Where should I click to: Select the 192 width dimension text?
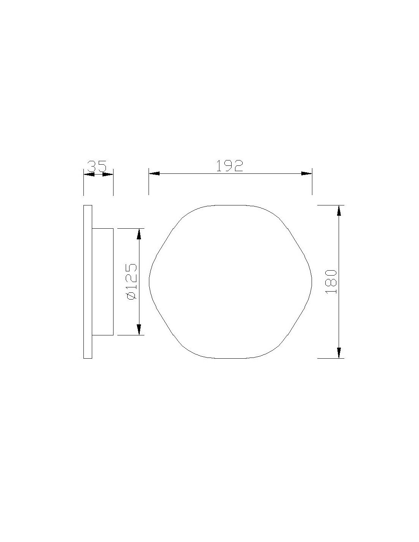230,166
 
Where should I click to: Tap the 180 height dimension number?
331,281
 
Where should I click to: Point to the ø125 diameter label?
131,281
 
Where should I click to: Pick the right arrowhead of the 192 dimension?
306,173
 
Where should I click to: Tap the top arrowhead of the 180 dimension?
339,210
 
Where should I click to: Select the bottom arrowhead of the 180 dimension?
339,353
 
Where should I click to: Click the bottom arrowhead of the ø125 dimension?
139,330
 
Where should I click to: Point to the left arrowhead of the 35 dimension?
89,175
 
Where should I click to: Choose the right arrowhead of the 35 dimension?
108,175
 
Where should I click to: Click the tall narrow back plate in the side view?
88,282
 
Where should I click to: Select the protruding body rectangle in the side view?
102,282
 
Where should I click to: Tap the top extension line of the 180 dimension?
331,205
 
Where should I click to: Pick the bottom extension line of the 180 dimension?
331,358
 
